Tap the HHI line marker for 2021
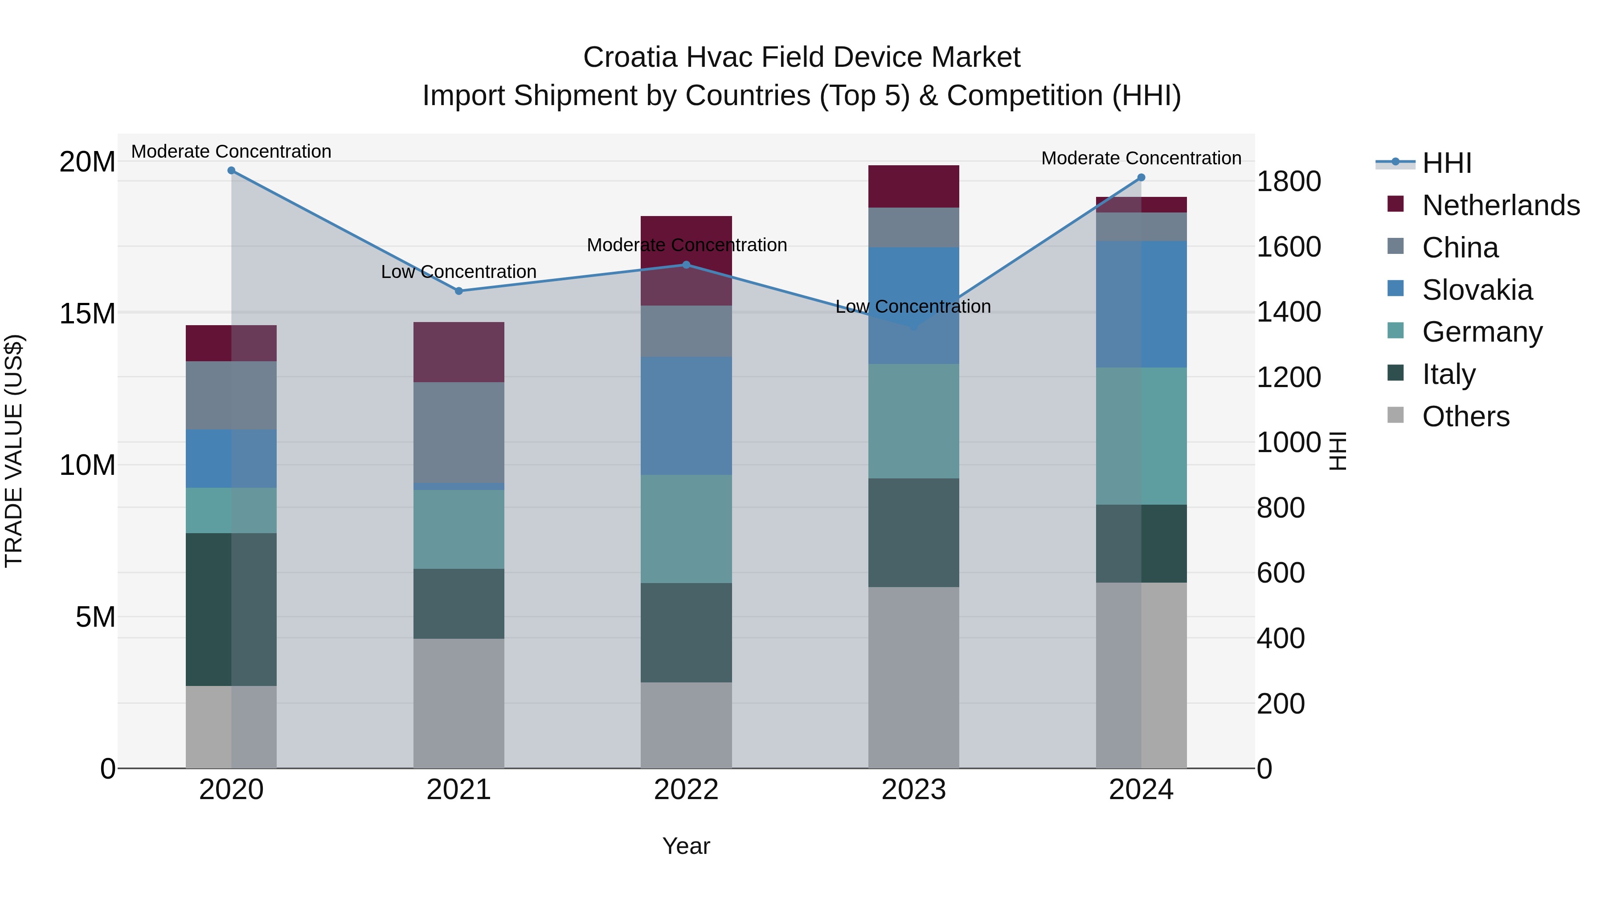(459, 291)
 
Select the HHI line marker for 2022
(686, 265)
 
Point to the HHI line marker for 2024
(1142, 177)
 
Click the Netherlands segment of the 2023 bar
(913, 186)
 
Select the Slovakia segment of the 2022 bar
(686, 416)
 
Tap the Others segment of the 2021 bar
(459, 703)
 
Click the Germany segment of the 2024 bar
(1142, 436)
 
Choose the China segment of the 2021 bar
(459, 432)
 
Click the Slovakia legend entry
(1477, 290)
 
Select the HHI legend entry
(1446, 163)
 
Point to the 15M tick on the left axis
(87, 314)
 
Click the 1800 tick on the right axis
(1288, 182)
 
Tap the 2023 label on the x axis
(913, 790)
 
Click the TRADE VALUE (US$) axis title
(14, 451)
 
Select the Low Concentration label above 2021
(459, 272)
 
